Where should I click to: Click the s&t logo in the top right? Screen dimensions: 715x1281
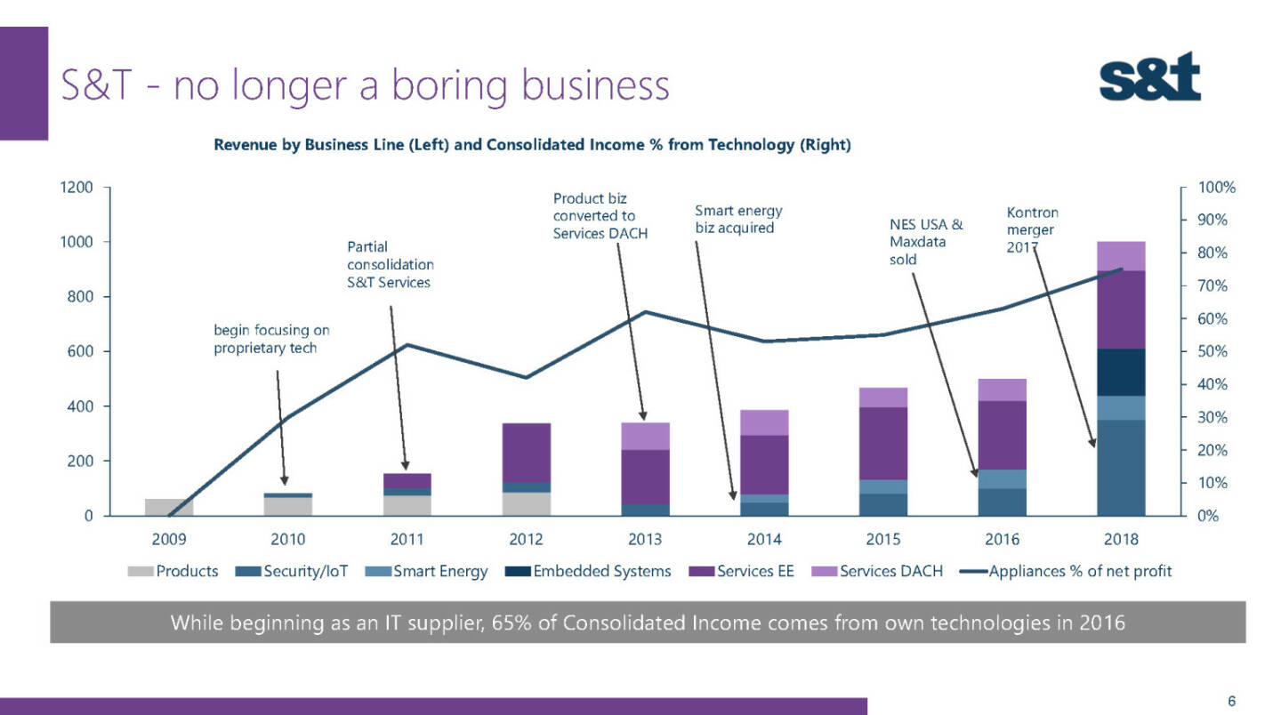point(1149,77)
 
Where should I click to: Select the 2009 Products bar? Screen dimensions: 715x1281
point(169,507)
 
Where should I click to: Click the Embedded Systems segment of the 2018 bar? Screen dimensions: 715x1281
point(1121,372)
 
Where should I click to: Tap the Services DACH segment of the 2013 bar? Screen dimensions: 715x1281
point(645,436)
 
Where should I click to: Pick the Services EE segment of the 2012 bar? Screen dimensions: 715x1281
point(526,453)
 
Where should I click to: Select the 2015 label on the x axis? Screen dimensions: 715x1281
point(883,539)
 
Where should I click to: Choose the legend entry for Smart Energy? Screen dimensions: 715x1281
point(431,571)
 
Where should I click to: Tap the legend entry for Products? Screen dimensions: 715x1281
point(177,571)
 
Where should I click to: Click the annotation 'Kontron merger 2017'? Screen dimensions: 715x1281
point(1031,229)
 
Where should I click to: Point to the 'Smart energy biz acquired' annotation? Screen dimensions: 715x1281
point(737,219)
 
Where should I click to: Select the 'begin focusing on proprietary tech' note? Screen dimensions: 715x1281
point(270,339)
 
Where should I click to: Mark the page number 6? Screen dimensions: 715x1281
point(1231,701)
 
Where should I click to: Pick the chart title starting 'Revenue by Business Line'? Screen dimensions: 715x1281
point(532,146)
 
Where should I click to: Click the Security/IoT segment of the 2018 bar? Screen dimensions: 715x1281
point(1121,467)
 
